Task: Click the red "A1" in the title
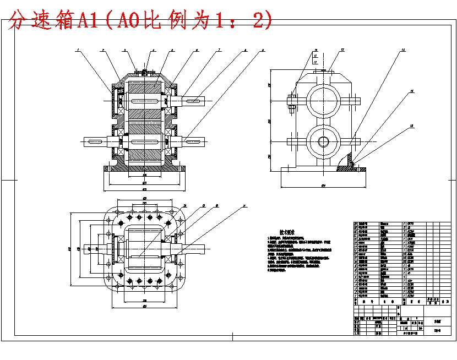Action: click(88, 21)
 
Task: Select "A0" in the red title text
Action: click(124, 21)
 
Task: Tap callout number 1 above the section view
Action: click(78, 51)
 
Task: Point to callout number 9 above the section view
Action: click(263, 51)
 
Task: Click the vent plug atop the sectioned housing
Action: click(144, 72)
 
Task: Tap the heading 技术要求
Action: click(287, 232)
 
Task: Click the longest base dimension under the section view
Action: click(144, 189)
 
